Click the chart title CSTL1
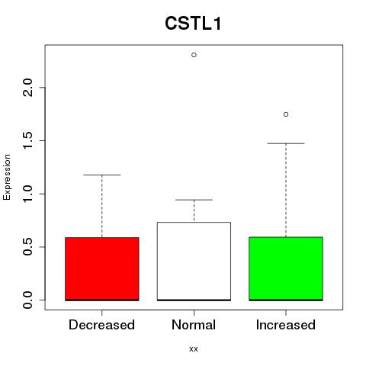pos(193,24)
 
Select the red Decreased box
pos(102,269)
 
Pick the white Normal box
pos(194,262)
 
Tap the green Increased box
pos(286,268)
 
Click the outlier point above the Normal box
pos(194,55)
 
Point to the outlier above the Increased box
pos(286,114)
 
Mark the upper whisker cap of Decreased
pos(102,175)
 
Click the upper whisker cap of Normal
pos(194,200)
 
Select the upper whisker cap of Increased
pos(286,143)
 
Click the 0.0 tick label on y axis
pos(27,300)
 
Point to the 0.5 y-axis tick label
pos(27,247)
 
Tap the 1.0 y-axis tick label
pos(27,194)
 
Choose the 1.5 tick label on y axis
pos(27,140)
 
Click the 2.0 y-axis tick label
pos(27,88)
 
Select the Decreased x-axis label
pos(101,325)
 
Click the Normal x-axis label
pos(194,325)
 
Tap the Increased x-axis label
pos(286,325)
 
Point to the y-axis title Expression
pos(7,177)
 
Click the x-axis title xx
pos(194,349)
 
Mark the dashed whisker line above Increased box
pos(286,190)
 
